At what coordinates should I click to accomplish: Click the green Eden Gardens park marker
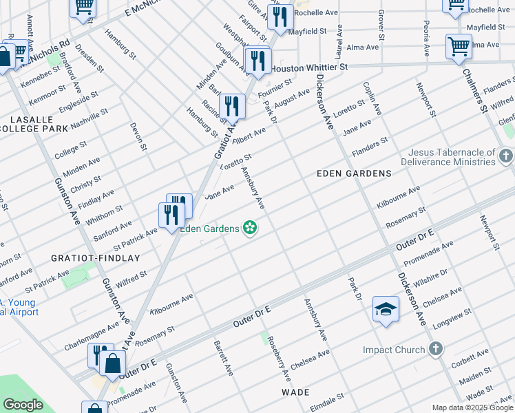(x=250, y=228)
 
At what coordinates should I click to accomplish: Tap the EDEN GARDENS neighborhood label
(x=355, y=173)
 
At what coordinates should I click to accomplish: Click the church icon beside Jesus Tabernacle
(x=506, y=156)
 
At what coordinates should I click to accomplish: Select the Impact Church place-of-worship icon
(x=435, y=350)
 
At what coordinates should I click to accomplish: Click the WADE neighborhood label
(x=295, y=392)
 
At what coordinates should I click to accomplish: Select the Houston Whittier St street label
(x=310, y=68)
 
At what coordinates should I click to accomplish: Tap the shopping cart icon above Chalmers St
(x=459, y=47)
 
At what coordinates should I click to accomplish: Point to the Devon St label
(x=138, y=136)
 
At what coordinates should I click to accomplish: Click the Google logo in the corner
(x=23, y=405)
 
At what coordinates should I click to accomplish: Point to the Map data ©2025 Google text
(x=472, y=407)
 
